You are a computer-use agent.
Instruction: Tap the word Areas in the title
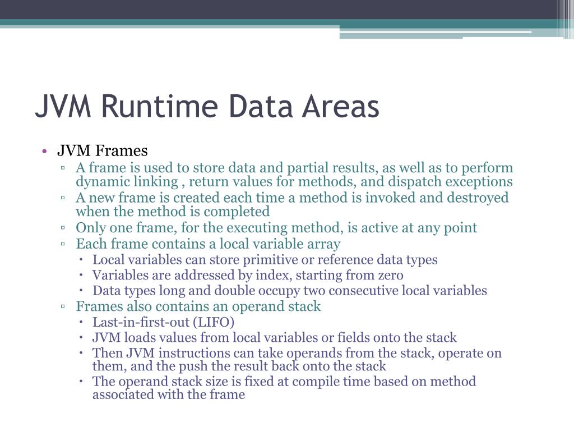coord(340,106)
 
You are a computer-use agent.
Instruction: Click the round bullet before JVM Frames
coord(43,151)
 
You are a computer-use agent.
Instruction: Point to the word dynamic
coord(101,182)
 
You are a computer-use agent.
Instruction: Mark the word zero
coord(388,276)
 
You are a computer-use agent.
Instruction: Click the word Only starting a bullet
coord(90,228)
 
